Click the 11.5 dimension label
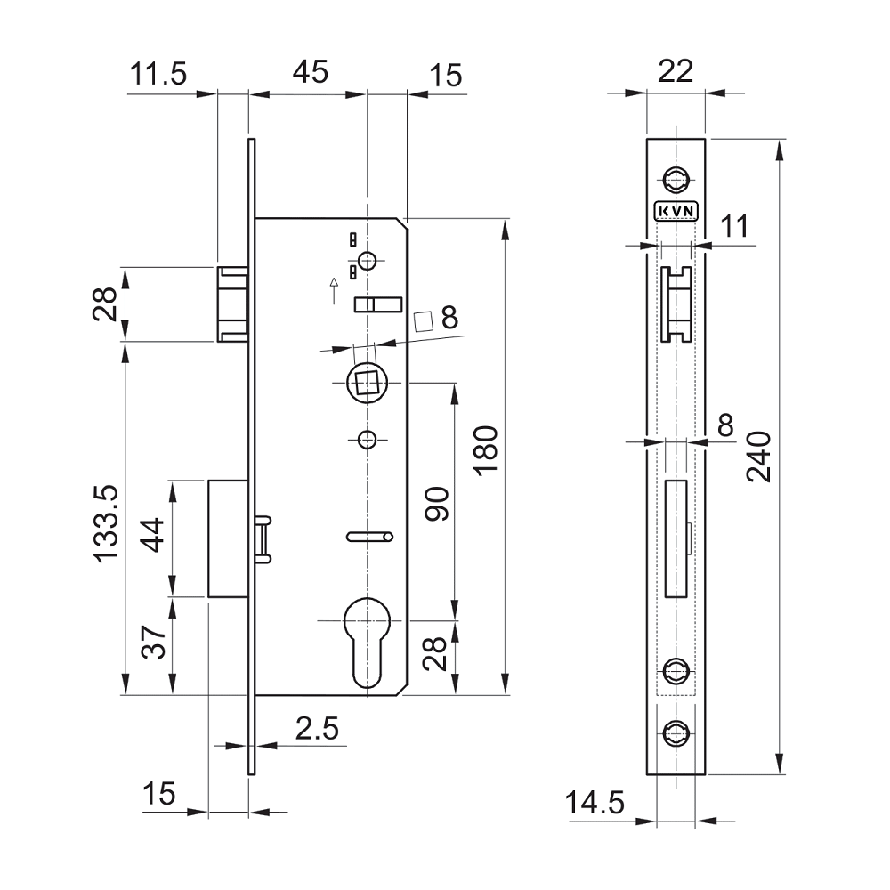coord(158,74)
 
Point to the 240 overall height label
coord(758,457)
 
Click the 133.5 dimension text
coord(108,525)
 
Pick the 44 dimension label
coord(154,537)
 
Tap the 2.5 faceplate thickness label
coord(317,729)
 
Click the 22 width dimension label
coord(675,72)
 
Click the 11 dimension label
coord(733,226)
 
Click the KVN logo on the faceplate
coord(676,211)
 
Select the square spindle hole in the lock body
coord(366,384)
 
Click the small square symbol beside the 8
coord(426,320)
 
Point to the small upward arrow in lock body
coord(334,289)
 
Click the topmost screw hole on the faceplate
coord(676,177)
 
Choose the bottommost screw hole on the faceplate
coord(676,733)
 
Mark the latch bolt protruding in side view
coord(233,303)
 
